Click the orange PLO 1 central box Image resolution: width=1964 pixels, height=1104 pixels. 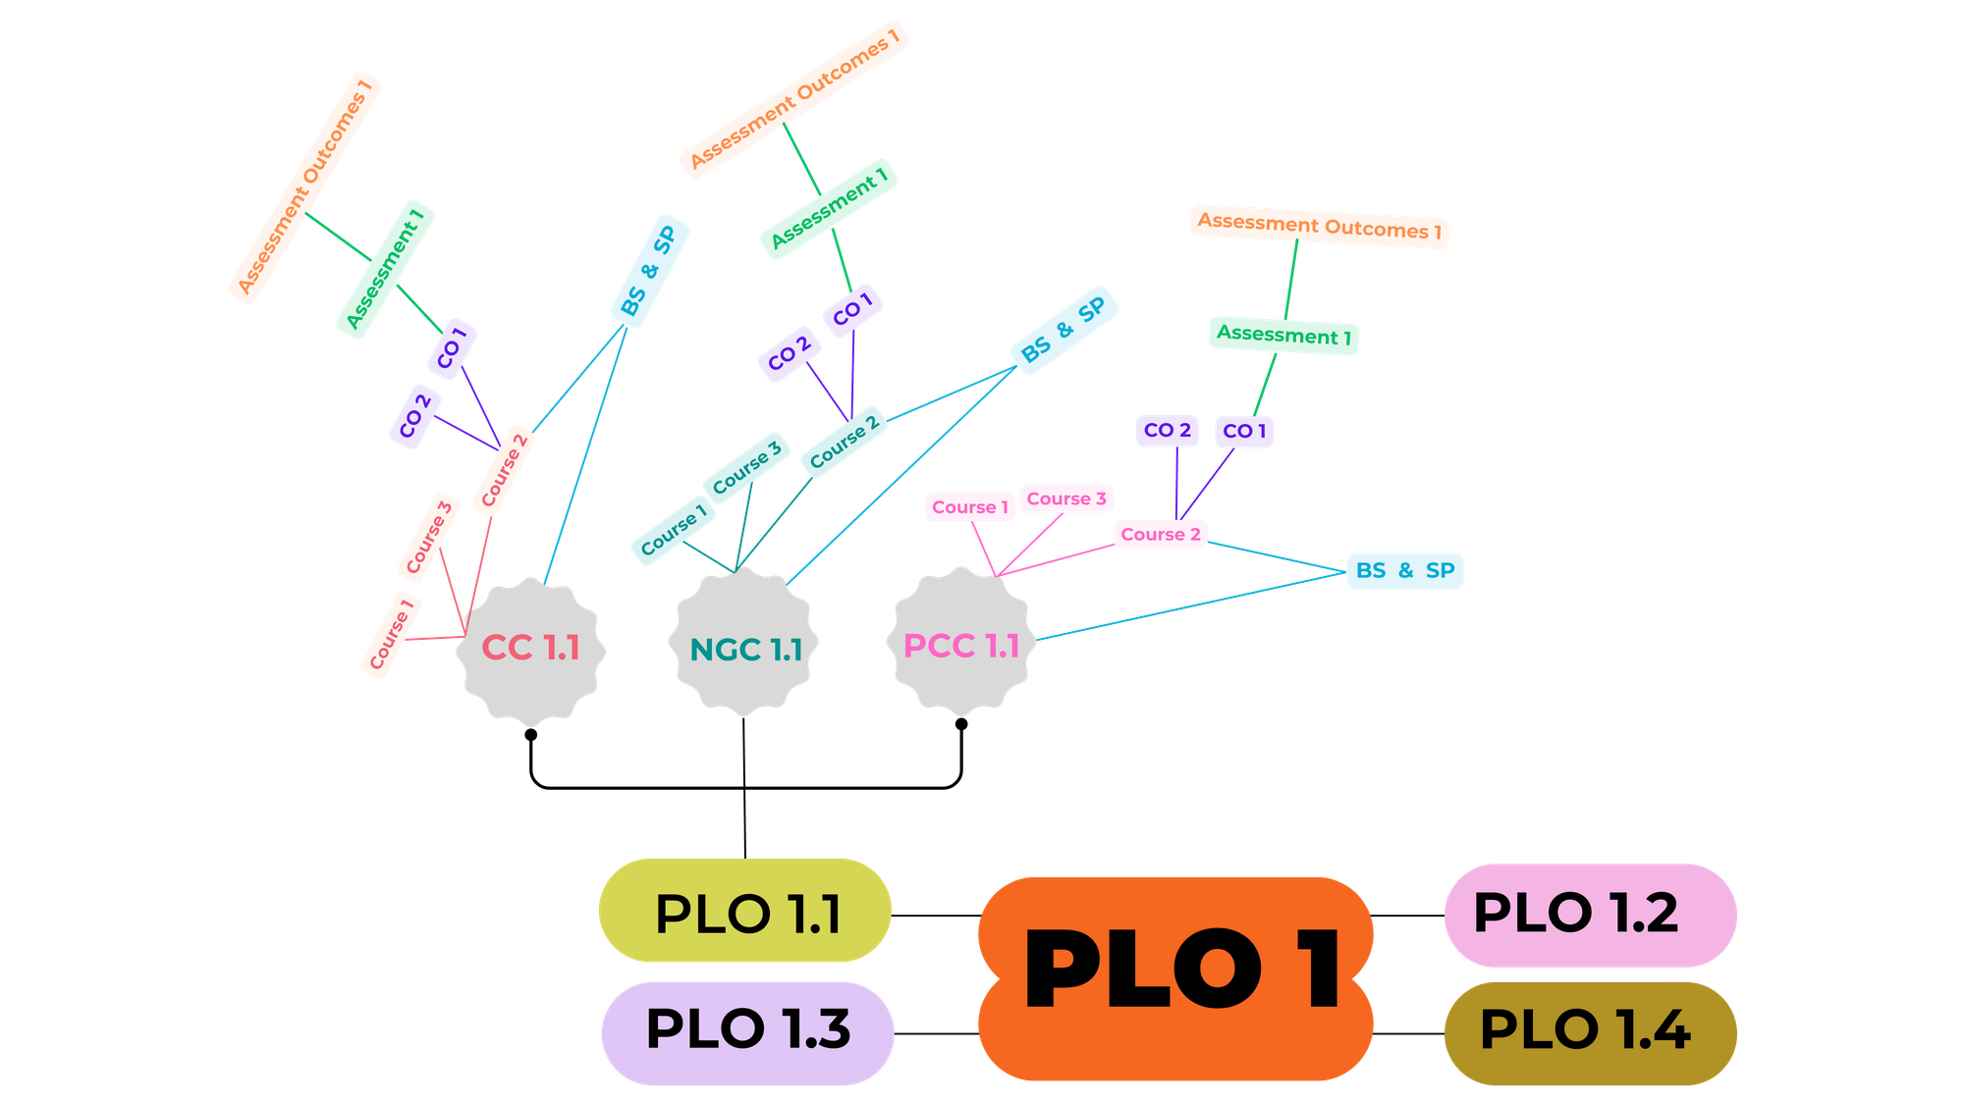(x=1175, y=978)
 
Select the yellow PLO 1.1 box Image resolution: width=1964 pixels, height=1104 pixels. (x=745, y=911)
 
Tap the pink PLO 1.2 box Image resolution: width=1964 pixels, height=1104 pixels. (x=1590, y=915)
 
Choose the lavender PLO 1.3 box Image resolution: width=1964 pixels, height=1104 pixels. (x=747, y=1032)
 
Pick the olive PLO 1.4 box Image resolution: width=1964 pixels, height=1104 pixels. (x=1590, y=1032)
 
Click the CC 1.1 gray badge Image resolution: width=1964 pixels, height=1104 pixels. (x=530, y=650)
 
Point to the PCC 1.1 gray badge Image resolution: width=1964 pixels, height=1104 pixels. (x=961, y=643)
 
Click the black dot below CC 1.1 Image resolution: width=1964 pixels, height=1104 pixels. (x=530, y=734)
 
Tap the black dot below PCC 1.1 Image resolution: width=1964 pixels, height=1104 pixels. (x=961, y=724)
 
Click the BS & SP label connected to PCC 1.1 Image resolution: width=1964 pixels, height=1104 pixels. (x=1405, y=570)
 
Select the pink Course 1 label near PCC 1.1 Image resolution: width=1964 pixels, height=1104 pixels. (x=969, y=507)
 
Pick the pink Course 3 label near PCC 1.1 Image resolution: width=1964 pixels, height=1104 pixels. (x=1066, y=499)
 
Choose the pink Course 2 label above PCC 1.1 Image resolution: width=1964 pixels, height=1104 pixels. (x=1161, y=534)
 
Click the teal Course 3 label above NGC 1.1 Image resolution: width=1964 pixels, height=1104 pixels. (x=746, y=467)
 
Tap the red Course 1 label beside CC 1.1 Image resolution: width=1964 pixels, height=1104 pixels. (x=392, y=635)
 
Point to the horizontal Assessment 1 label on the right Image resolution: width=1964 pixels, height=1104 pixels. (x=1283, y=336)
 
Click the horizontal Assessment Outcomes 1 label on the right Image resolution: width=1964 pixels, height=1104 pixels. (x=1320, y=227)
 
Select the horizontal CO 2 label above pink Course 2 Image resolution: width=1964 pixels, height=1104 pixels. (x=1168, y=430)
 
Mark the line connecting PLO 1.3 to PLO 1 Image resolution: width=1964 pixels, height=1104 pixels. (x=937, y=1033)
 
